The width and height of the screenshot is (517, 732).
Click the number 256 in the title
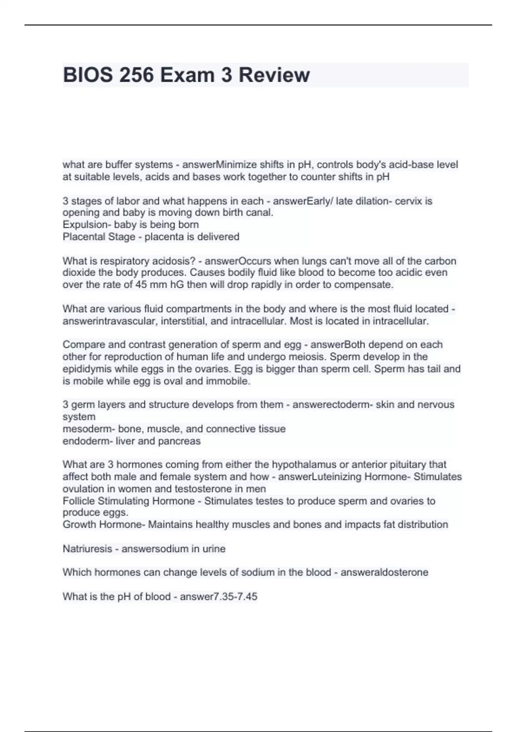[136, 75]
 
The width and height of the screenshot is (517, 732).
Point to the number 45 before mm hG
[141, 285]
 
